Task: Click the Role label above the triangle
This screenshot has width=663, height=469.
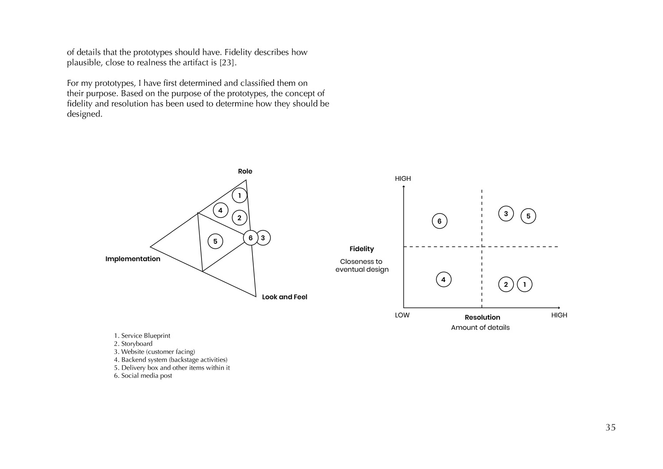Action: click(245, 172)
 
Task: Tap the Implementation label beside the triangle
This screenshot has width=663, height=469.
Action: click(133, 259)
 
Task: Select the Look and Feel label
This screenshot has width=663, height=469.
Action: click(284, 297)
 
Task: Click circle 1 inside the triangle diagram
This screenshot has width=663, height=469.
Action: click(240, 195)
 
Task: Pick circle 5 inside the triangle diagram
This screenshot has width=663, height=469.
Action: click(215, 241)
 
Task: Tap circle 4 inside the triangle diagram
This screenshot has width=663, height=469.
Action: click(220, 210)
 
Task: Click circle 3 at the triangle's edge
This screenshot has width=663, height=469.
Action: click(263, 238)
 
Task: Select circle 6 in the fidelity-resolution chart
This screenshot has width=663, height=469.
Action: click(439, 221)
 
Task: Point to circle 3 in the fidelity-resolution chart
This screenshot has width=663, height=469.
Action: click(506, 214)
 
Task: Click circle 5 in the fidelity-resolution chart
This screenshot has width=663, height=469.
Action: click(528, 217)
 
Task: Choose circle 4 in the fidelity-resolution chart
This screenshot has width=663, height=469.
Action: click(443, 279)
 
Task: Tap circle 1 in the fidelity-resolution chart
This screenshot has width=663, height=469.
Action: click(525, 284)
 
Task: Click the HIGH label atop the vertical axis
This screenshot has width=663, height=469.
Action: click(403, 179)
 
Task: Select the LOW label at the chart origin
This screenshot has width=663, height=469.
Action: click(402, 315)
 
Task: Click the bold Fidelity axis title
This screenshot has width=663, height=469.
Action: click(362, 249)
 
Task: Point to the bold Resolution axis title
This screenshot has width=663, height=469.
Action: click(482, 317)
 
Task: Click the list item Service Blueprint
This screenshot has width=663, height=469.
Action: click(142, 336)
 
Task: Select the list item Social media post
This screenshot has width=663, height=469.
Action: click(143, 376)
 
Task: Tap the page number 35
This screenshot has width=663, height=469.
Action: click(610, 427)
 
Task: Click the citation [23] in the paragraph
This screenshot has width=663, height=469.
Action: click(228, 63)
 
